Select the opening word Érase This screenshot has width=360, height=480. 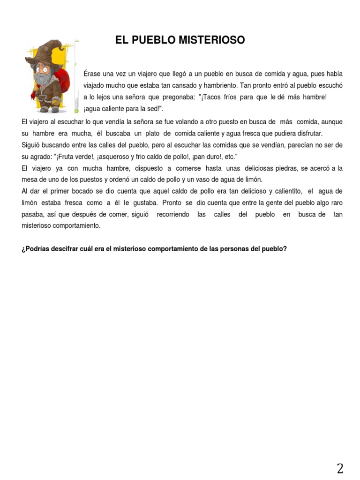click(x=92, y=74)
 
